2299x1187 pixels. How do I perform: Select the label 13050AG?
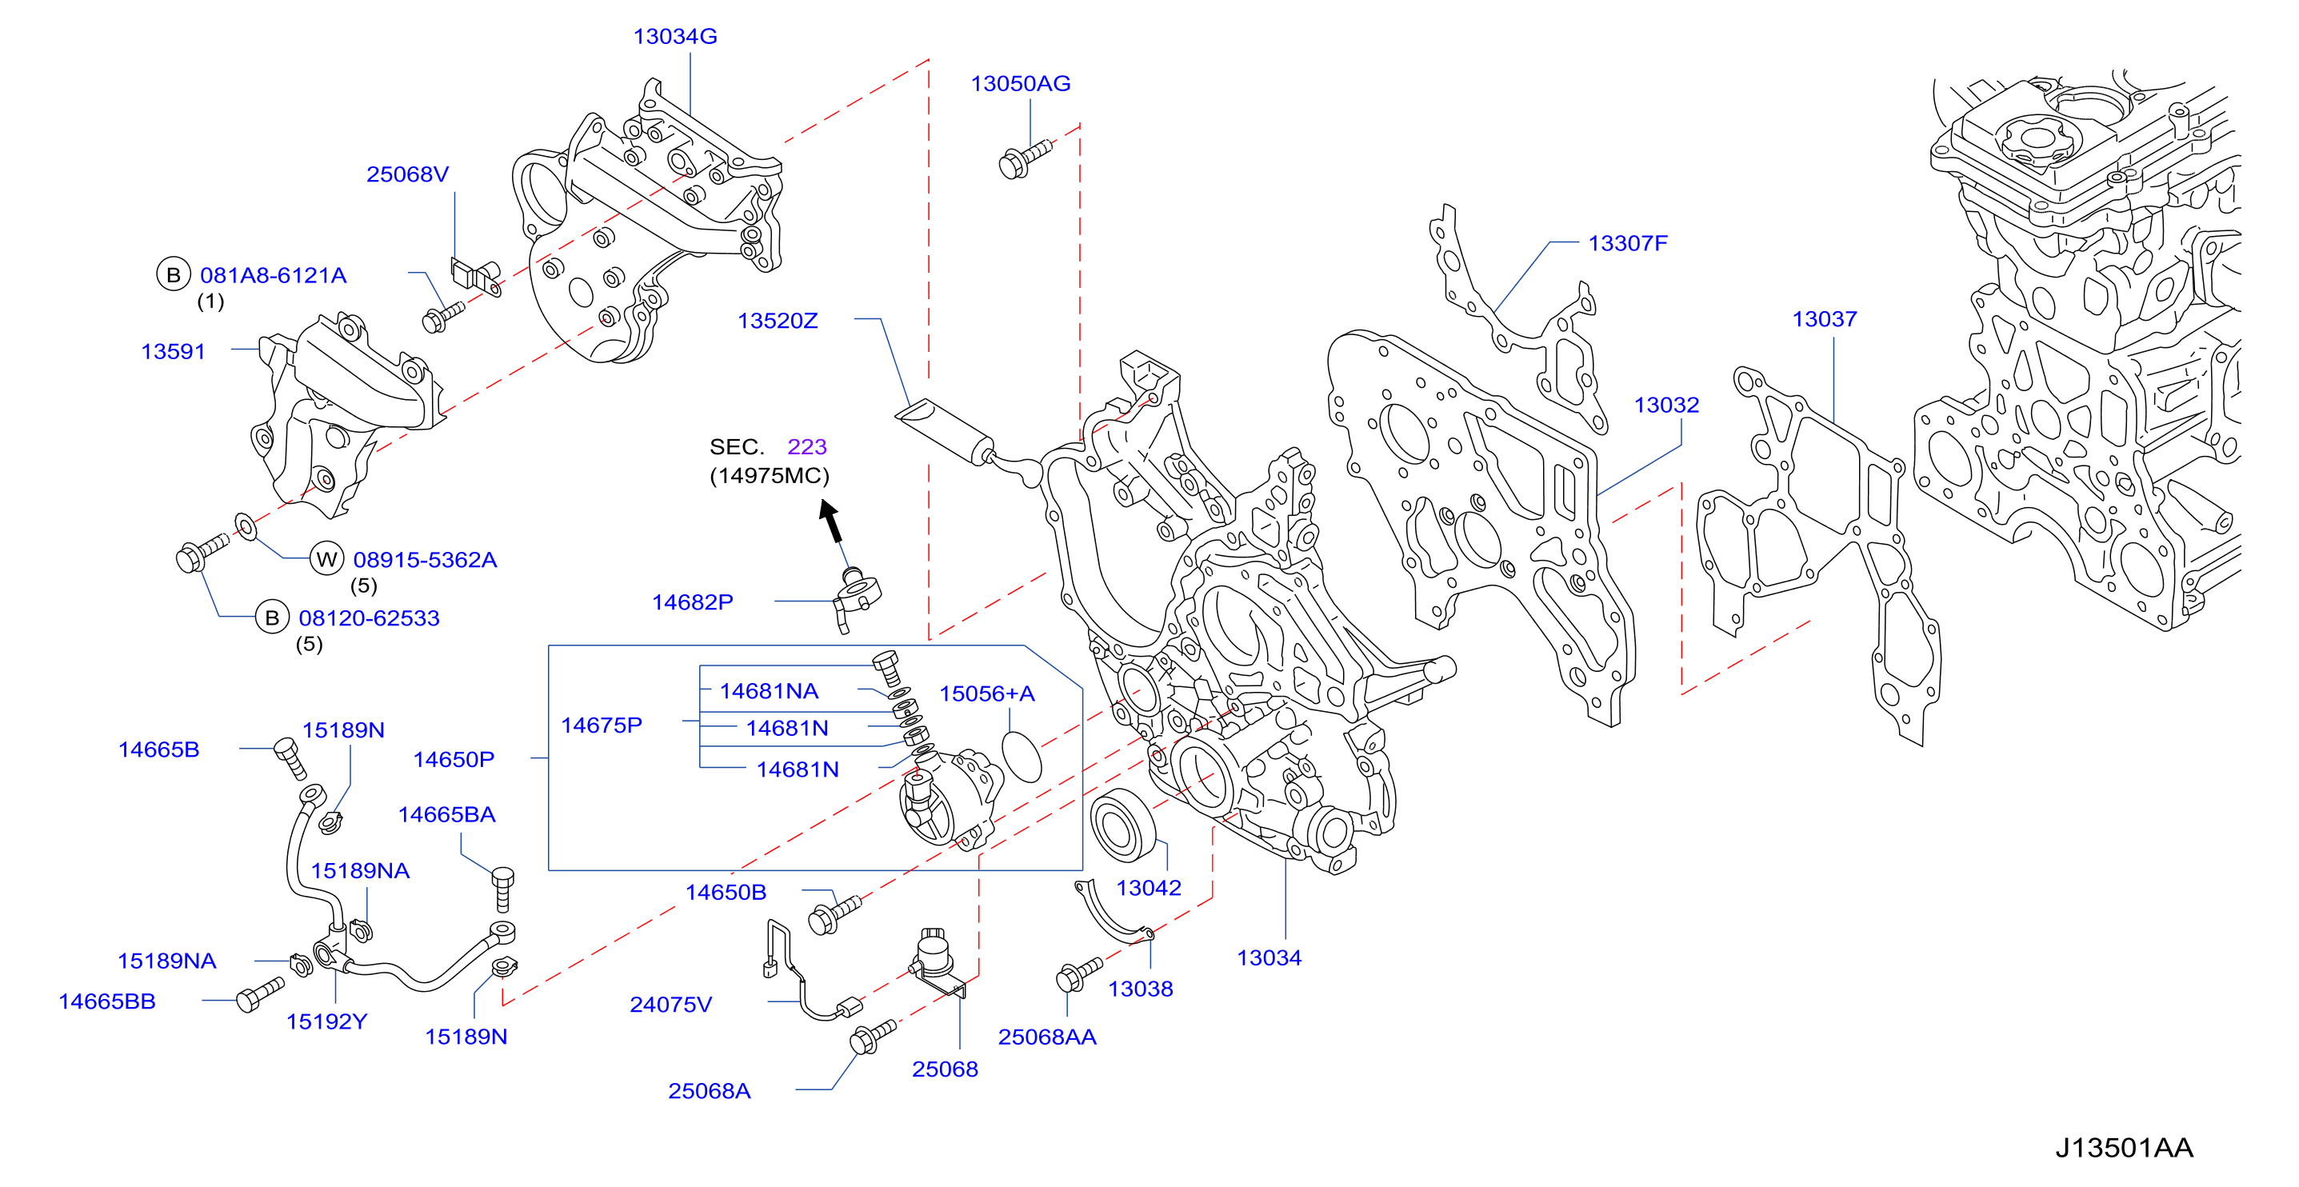(1020, 84)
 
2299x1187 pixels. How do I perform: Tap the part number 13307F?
(1627, 244)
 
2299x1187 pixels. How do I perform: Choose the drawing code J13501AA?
(2124, 1148)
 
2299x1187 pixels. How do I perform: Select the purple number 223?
(807, 446)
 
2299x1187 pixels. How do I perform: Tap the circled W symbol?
(326, 560)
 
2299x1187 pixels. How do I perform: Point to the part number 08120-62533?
(369, 618)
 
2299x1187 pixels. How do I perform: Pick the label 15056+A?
(986, 694)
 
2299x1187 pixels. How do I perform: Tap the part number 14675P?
(601, 725)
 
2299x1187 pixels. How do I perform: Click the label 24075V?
(670, 1005)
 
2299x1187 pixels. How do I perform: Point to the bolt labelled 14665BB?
(260, 994)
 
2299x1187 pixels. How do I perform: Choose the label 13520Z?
(778, 322)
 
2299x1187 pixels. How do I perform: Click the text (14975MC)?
(770, 476)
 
